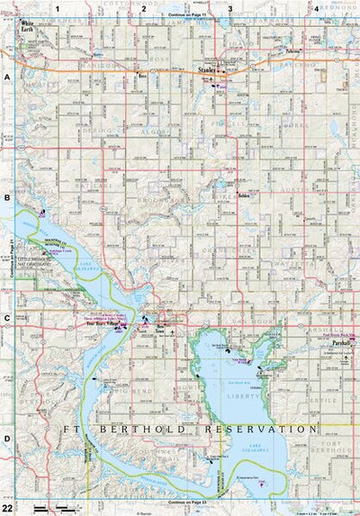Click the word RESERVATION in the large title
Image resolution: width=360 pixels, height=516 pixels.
[x=261, y=430]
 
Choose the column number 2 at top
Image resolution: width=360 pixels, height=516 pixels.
[x=143, y=7]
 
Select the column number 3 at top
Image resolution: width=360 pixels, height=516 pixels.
[x=230, y=7]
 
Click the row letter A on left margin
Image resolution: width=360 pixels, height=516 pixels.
[x=6, y=77]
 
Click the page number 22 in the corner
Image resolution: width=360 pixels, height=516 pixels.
[x=7, y=509]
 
